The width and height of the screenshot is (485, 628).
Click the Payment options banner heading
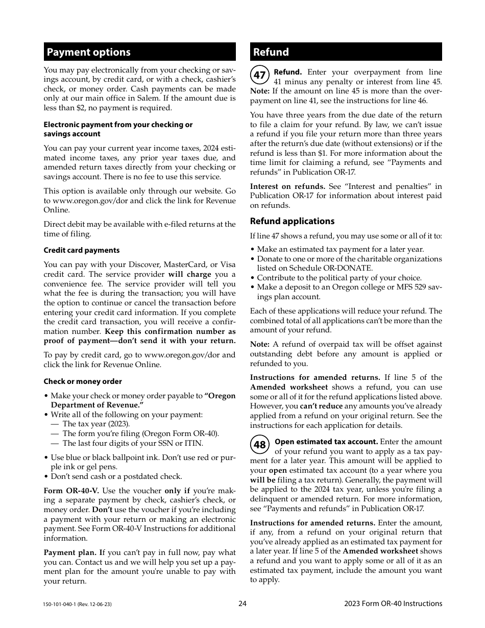coord(88,52)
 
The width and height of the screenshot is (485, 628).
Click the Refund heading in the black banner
coord(271,52)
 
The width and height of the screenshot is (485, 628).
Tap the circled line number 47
coord(259,75)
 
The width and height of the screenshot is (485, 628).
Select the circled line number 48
coord(259,445)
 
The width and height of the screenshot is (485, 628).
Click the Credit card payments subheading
coord(82,250)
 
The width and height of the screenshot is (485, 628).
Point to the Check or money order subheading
coord(83,381)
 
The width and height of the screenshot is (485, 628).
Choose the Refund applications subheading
coord(292,221)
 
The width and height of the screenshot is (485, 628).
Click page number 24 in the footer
coord(243,603)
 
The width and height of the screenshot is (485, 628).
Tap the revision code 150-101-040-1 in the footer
coord(78,604)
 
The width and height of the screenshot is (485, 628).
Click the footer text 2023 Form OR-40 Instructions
coord(393,603)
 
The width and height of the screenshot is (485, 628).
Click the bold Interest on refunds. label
coord(287,186)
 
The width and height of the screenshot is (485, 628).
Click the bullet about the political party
coord(339,278)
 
